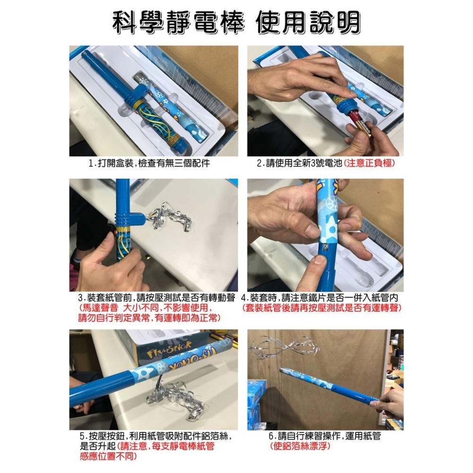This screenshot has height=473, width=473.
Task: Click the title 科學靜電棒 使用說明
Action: tap(236, 22)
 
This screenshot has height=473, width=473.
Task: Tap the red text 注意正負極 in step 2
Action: tap(369, 164)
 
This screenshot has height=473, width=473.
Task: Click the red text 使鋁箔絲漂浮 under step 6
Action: tap(300, 446)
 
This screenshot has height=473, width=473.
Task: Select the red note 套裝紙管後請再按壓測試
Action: tap(322, 308)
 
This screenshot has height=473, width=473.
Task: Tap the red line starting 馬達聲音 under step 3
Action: tap(142, 308)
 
